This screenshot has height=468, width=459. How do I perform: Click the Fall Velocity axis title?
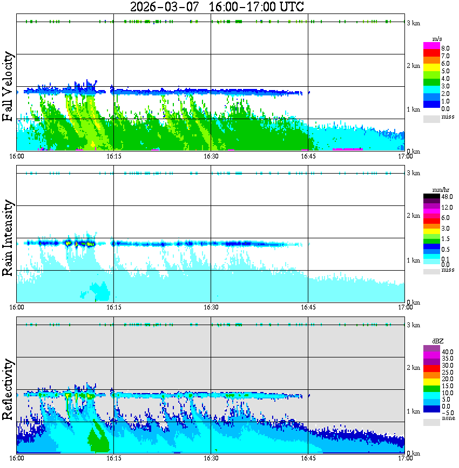click(8, 86)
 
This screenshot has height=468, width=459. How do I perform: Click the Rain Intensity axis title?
click(8, 238)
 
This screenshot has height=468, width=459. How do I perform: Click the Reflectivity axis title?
click(8, 389)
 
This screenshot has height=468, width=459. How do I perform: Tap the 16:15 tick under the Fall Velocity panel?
click(113, 156)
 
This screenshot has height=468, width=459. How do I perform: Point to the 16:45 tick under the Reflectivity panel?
click(308, 458)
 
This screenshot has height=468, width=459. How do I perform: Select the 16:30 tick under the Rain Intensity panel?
click(211, 307)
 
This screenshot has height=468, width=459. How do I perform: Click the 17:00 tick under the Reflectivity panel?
click(405, 458)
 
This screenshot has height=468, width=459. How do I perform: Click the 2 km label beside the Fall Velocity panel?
click(414, 66)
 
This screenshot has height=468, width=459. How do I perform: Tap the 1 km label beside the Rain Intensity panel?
click(414, 260)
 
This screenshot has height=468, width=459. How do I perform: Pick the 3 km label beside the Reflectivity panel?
click(414, 325)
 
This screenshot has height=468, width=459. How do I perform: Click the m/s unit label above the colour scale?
click(438, 39)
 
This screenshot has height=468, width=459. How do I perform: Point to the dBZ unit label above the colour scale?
click(438, 341)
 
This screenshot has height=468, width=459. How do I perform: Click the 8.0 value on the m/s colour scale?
click(446, 48)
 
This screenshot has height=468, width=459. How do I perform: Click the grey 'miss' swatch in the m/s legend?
click(431, 118)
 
